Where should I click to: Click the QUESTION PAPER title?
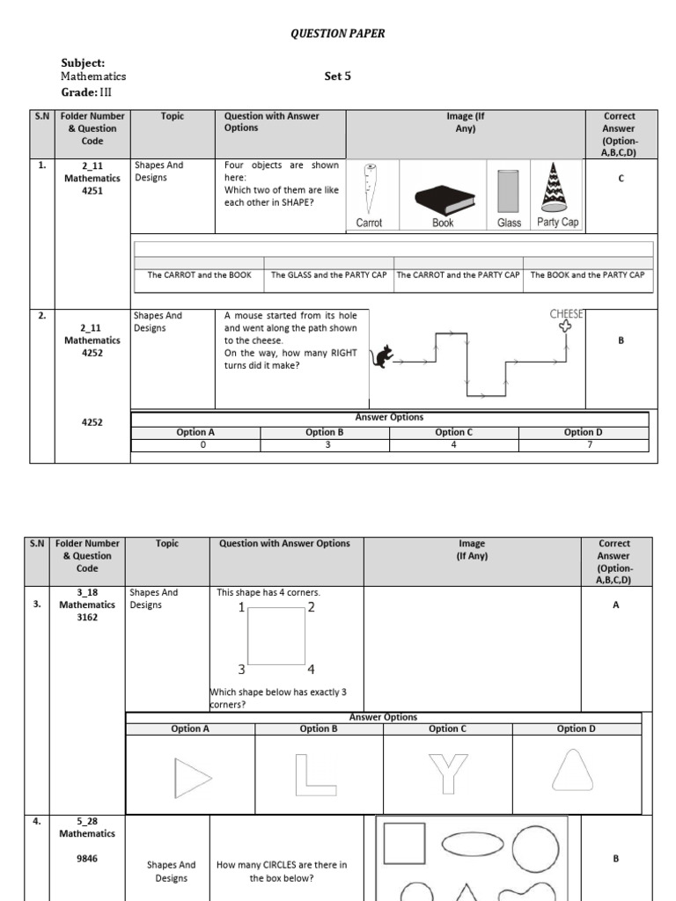coord(338,33)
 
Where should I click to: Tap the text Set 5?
coord(338,77)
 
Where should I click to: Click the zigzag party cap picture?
coord(554,187)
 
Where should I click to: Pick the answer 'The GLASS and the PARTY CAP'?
coord(328,275)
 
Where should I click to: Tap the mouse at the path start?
coord(384,356)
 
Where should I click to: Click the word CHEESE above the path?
coord(568,314)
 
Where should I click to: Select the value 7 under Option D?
coord(584,445)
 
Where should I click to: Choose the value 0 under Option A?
coord(195,445)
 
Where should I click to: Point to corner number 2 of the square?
coord(311,607)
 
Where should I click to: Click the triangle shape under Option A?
coord(193,776)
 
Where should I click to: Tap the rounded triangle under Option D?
coord(575,771)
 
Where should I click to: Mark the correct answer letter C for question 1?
coord(621,179)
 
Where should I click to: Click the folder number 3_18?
coord(87,593)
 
